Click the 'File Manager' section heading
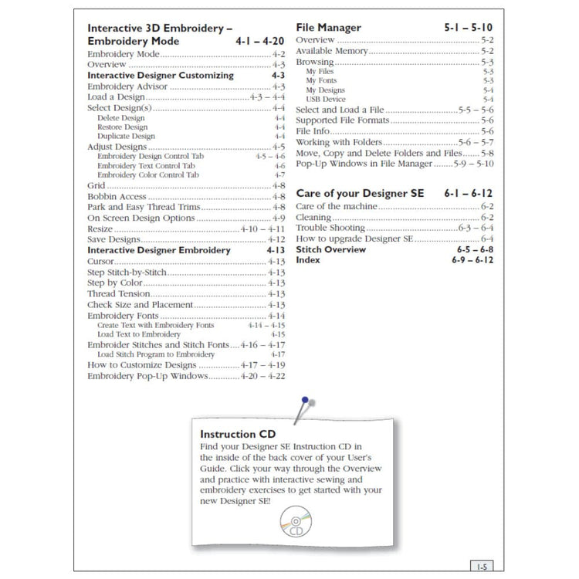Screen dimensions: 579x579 tap(328, 28)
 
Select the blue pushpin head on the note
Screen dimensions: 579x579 tap(306, 401)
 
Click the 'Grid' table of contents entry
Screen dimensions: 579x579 tap(97, 186)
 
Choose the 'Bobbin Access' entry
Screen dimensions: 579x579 tap(117, 197)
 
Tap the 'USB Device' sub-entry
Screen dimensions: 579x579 tap(325, 100)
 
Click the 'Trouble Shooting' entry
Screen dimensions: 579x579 tap(330, 229)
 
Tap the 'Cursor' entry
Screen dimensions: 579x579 tap(103, 262)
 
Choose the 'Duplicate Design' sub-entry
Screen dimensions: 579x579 tap(126, 137)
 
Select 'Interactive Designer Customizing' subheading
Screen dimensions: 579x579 tap(160, 76)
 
